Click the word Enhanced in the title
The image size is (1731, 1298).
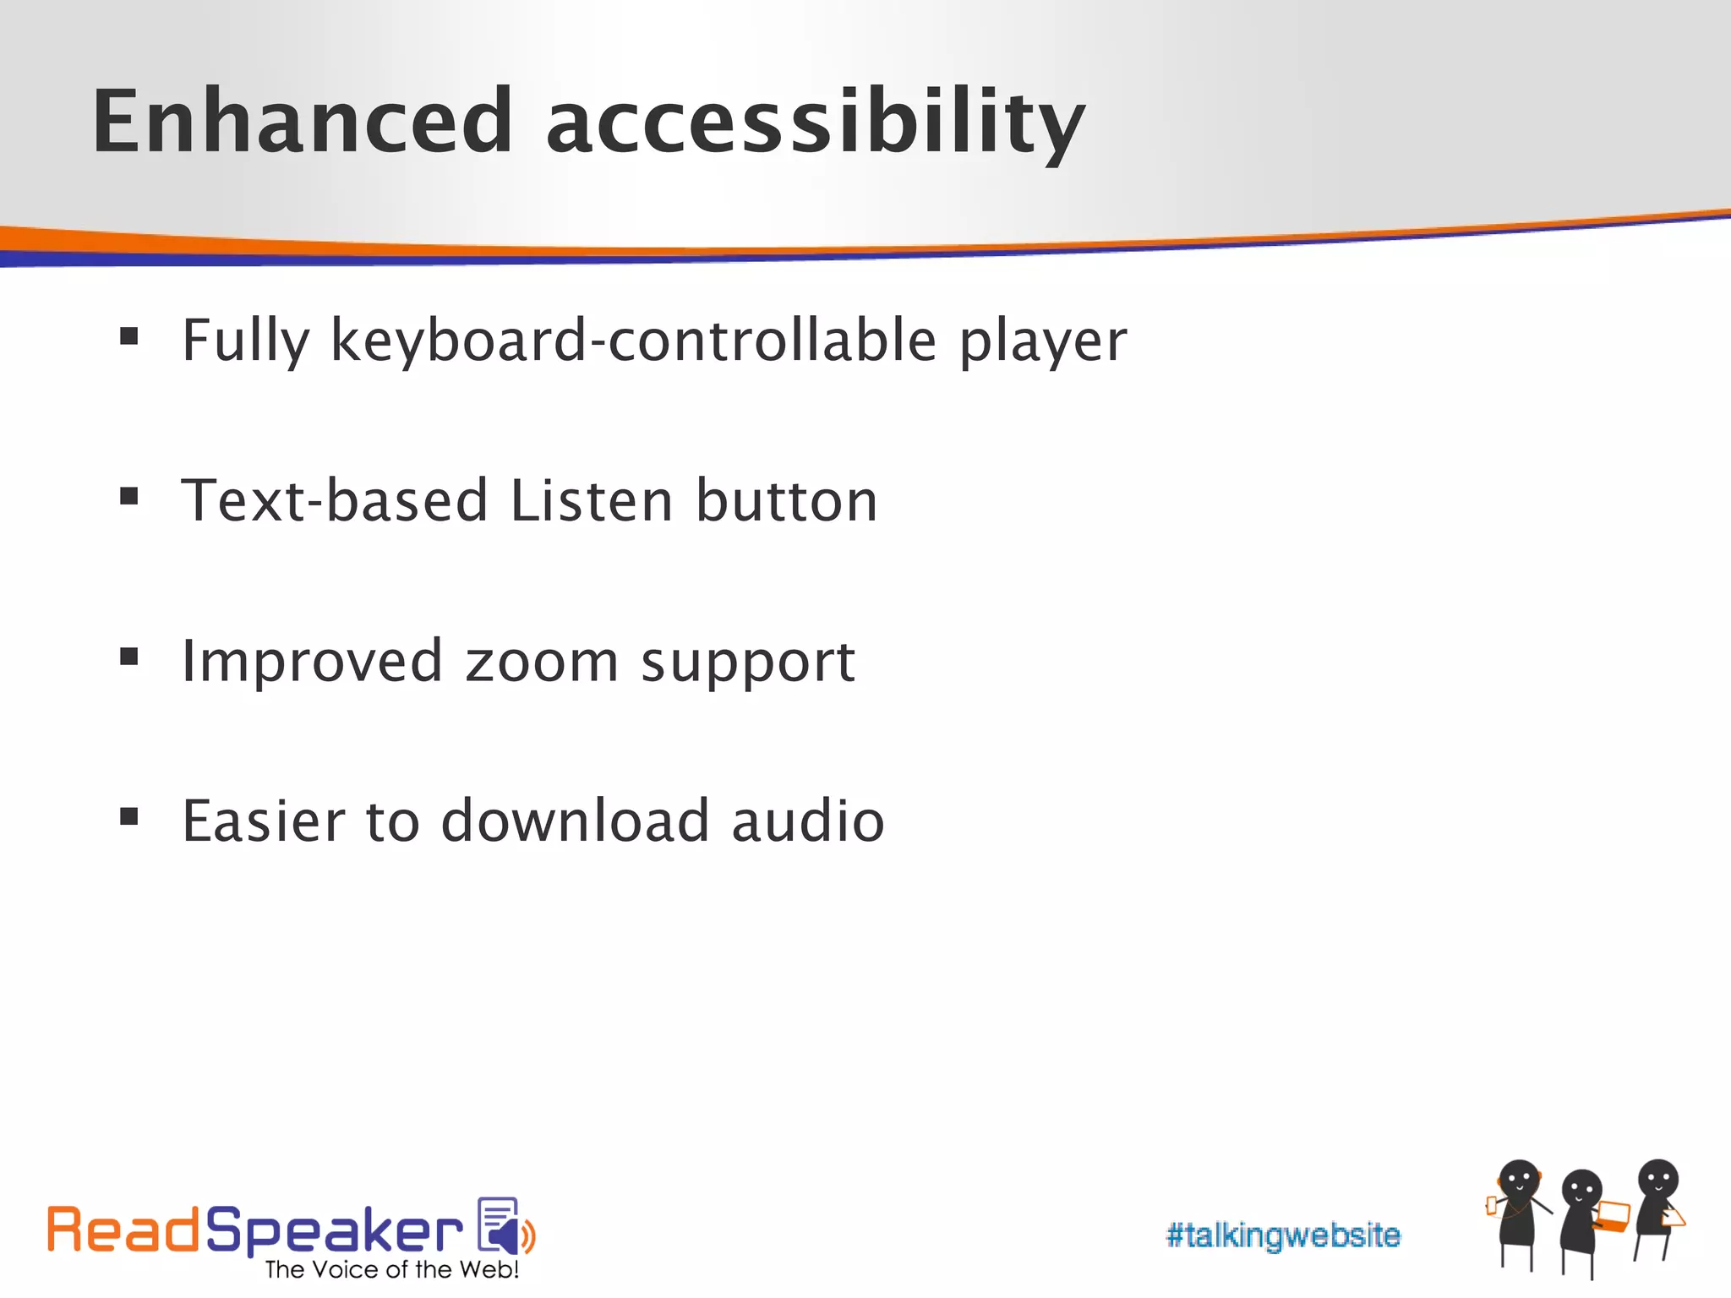(x=302, y=123)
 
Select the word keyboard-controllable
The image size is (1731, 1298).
(x=633, y=341)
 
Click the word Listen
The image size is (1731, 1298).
(x=592, y=500)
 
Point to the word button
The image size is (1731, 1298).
(x=787, y=500)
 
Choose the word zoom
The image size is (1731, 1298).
(x=542, y=662)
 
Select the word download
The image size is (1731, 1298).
(x=575, y=821)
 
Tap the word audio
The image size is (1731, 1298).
(x=807, y=821)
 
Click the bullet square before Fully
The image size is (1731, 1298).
(x=128, y=337)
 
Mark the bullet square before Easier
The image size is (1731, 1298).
(x=128, y=816)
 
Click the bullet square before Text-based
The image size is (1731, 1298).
(x=128, y=496)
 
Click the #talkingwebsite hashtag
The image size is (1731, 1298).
(x=1282, y=1235)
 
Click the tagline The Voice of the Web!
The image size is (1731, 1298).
(x=391, y=1270)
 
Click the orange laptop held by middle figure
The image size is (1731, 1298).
(x=1614, y=1216)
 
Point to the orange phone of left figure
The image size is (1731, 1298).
(x=1491, y=1206)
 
